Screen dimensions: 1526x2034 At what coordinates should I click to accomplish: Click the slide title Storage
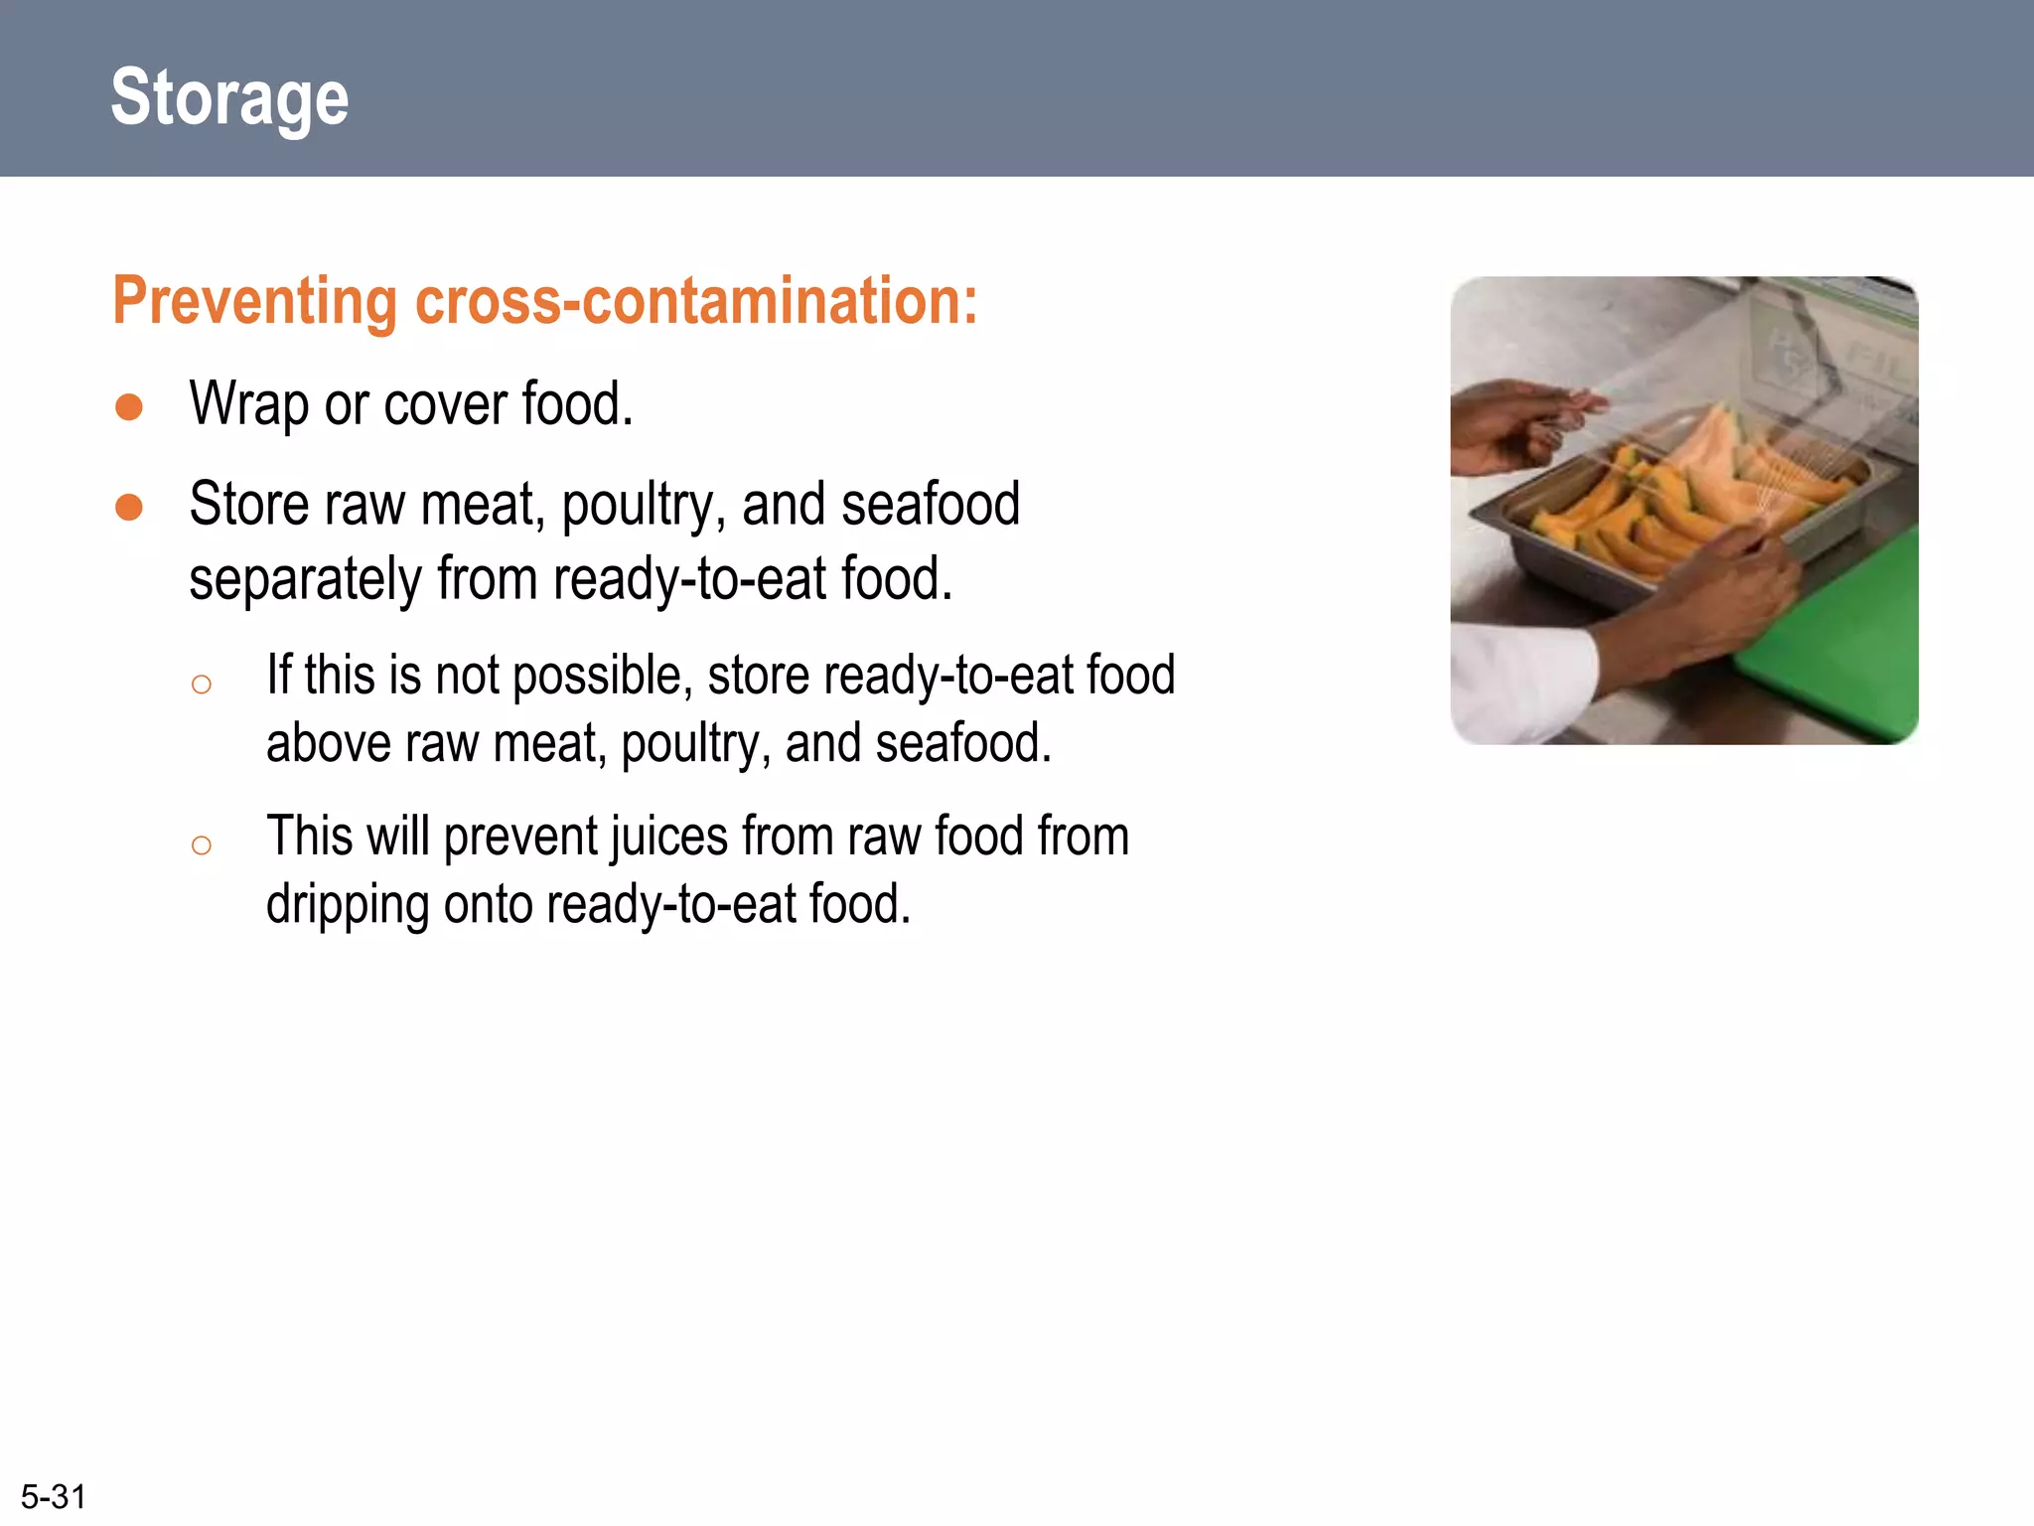(229, 97)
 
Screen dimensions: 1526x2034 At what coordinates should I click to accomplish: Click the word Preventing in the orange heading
(254, 301)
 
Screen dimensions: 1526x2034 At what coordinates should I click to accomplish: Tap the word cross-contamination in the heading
(695, 301)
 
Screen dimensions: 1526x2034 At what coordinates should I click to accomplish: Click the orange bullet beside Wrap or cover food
(129, 407)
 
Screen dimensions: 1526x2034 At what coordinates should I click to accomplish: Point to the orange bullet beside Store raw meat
(129, 508)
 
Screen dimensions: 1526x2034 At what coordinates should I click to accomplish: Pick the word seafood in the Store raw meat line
(931, 505)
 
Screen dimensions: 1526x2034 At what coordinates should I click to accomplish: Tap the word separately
(304, 580)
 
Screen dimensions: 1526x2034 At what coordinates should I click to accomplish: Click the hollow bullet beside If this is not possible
(202, 685)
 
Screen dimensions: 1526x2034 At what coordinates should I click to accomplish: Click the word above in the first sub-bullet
(321, 744)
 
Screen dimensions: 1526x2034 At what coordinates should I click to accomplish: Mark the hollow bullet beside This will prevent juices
(202, 845)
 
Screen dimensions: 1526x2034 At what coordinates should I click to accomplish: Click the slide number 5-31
(54, 1496)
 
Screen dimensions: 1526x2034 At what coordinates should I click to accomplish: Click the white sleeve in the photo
(1520, 686)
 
